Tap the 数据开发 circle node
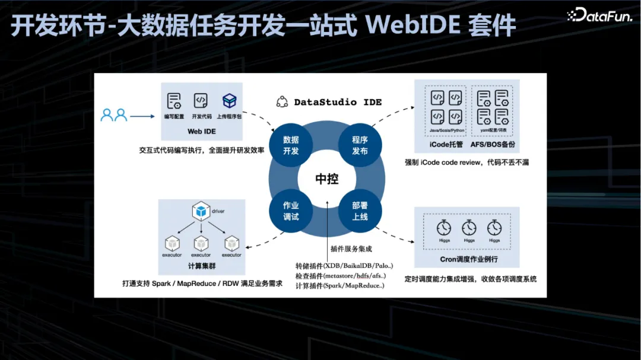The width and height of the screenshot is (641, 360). (x=291, y=145)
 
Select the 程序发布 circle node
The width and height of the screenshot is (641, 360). (x=360, y=145)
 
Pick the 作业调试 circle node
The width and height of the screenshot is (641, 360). (x=291, y=211)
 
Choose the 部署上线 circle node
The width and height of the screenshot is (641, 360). (x=360, y=211)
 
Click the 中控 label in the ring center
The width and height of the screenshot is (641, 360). (x=326, y=179)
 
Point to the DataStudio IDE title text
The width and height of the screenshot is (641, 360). (x=338, y=102)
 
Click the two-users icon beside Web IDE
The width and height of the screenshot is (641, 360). (x=114, y=115)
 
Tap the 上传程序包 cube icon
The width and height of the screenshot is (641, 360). (x=230, y=100)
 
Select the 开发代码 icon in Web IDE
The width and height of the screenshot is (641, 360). (x=201, y=100)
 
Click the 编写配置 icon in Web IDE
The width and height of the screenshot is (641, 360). (x=173, y=100)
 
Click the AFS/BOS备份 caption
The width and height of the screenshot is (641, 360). (x=493, y=144)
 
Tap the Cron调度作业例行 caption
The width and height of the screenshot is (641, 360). (x=468, y=259)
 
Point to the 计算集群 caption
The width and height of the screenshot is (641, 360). (x=201, y=265)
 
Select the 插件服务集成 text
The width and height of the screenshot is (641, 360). (x=351, y=249)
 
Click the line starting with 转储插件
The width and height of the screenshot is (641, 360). (x=344, y=265)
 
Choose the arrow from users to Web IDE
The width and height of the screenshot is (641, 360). (x=142, y=117)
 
